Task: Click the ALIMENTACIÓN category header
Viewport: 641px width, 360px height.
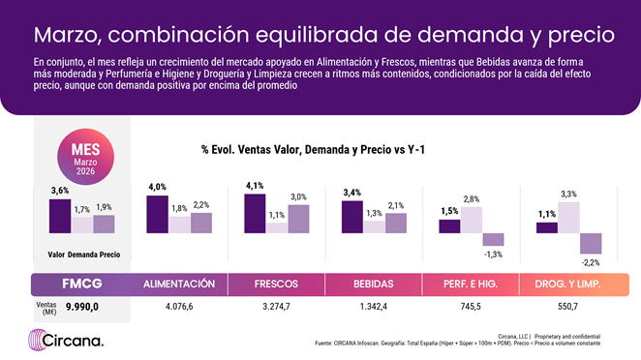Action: pos(178,285)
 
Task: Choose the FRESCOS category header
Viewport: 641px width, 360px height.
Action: pos(276,285)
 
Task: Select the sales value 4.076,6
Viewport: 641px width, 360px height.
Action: pos(179,306)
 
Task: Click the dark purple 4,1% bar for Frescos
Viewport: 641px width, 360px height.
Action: pos(255,214)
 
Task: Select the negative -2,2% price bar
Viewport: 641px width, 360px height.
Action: pos(591,243)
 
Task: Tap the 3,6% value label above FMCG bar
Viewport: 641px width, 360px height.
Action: pos(59,191)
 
